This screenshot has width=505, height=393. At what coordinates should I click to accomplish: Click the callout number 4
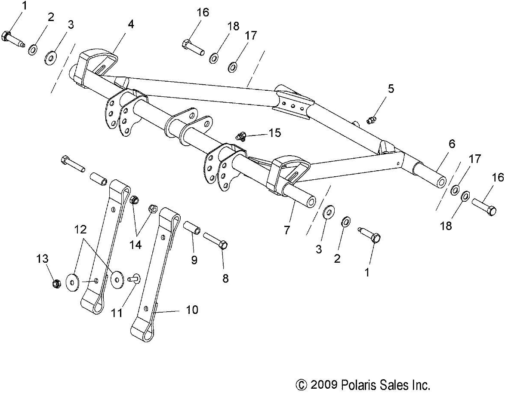tap(130, 24)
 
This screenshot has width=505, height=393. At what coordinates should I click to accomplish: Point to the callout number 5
tap(390, 89)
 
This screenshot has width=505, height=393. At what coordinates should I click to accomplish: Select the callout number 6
tap(451, 144)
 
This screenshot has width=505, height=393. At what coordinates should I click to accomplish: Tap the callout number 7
tap(286, 229)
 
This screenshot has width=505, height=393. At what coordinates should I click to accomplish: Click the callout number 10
tap(192, 309)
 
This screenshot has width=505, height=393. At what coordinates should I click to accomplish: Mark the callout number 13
tap(42, 259)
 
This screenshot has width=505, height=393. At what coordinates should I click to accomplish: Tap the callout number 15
tap(274, 133)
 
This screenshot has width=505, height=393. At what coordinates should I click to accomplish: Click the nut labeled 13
tap(55, 284)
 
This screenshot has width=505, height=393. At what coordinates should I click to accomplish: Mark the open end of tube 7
tap(310, 202)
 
